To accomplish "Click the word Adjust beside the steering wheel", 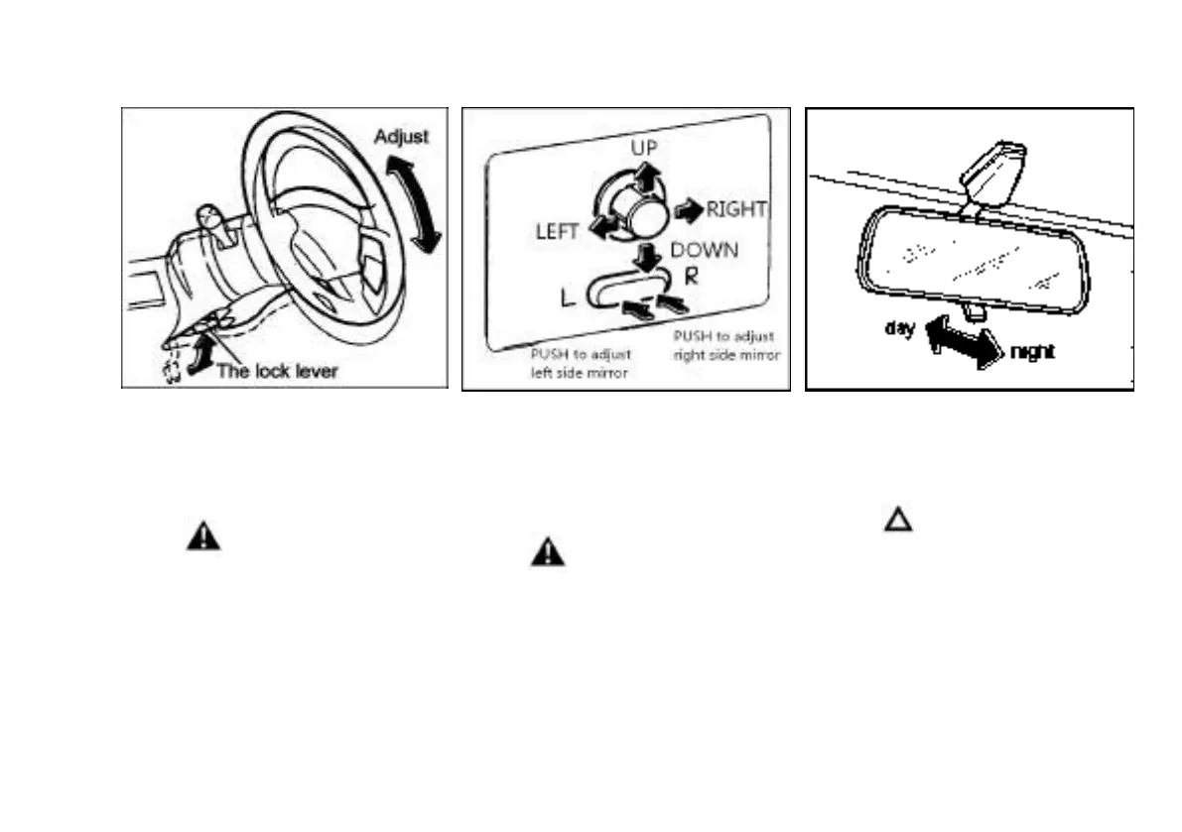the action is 401,137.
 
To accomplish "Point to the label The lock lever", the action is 277,372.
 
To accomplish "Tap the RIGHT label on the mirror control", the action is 736,209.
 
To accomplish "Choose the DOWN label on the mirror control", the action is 705,250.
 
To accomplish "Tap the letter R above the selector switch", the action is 692,277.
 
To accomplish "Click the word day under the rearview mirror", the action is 900,328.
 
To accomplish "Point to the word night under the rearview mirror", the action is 1032,352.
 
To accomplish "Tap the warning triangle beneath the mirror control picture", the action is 547,552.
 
